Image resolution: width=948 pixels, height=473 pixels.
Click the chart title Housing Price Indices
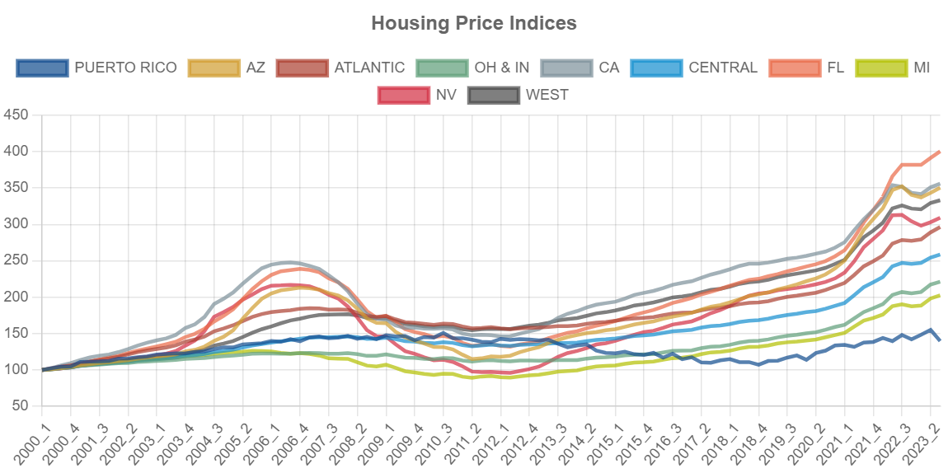pyautogui.click(x=474, y=23)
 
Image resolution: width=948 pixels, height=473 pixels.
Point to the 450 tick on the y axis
pyautogui.click(x=16, y=115)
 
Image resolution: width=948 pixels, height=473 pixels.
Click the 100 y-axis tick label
pyautogui.click(x=16, y=369)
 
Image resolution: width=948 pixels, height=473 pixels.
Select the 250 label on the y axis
pyautogui.click(x=16, y=260)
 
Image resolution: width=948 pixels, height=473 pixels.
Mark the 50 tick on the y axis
pyautogui.click(x=20, y=405)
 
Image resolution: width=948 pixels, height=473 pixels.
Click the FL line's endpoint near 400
pyautogui.click(x=940, y=152)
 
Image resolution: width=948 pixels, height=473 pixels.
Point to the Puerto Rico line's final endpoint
pyautogui.click(x=940, y=340)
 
